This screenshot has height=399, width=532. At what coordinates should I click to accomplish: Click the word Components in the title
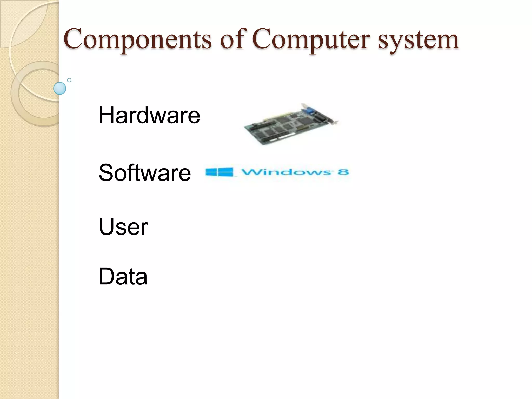pyautogui.click(x=137, y=40)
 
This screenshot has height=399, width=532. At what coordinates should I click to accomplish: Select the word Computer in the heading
pyautogui.click(x=311, y=40)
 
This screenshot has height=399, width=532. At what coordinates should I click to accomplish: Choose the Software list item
pyautogui.click(x=145, y=173)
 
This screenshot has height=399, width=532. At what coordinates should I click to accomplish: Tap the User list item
pyautogui.click(x=123, y=227)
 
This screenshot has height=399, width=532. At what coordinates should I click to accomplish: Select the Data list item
pyautogui.click(x=123, y=276)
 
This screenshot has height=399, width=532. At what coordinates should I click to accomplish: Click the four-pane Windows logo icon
pyautogui.click(x=220, y=172)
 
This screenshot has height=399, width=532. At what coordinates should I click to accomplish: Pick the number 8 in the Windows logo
pyautogui.click(x=343, y=172)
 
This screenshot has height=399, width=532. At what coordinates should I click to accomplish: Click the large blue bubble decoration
pyautogui.click(x=60, y=88)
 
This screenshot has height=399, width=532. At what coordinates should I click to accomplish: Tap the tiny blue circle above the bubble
pyautogui.click(x=69, y=80)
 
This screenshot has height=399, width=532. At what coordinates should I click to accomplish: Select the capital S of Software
pyautogui.click(x=106, y=173)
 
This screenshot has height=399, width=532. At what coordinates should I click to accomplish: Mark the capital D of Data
pyautogui.click(x=106, y=276)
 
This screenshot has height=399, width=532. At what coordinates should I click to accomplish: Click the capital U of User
pyautogui.click(x=107, y=227)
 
